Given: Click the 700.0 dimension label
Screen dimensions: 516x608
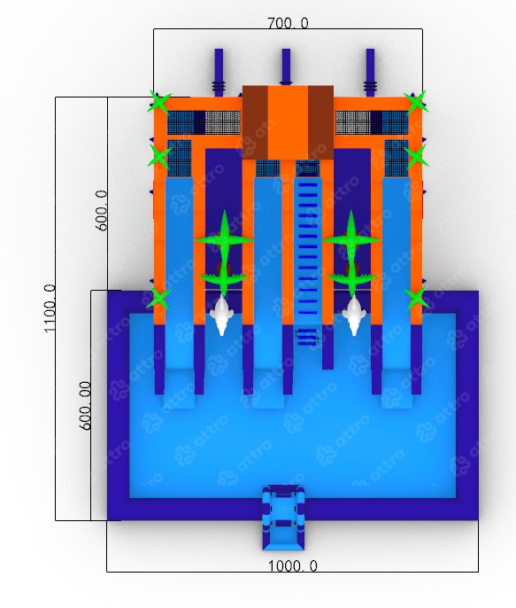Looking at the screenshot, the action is (x=288, y=23).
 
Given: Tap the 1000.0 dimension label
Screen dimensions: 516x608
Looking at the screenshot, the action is (x=293, y=566).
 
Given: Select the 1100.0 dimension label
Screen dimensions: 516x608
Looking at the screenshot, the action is (x=50, y=308).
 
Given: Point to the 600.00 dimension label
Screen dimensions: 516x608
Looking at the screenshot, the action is (x=85, y=406).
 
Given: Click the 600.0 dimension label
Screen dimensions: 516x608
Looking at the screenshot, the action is (x=102, y=211).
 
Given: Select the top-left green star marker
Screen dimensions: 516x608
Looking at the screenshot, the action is (x=159, y=103).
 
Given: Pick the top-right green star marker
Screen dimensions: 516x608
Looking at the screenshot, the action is (x=416, y=103).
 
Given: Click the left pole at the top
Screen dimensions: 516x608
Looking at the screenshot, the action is (x=219, y=72).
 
